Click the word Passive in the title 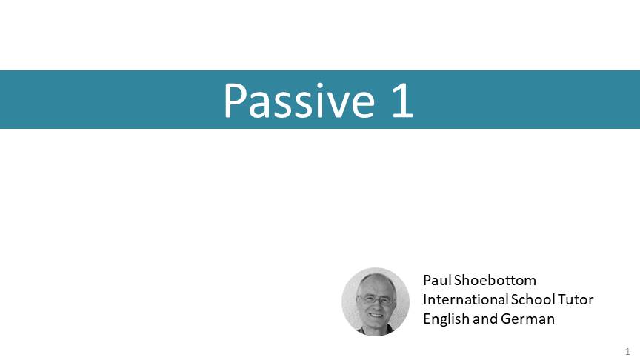pyautogui.click(x=299, y=101)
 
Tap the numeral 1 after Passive pyautogui.click(x=403, y=101)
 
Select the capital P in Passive pyautogui.click(x=236, y=101)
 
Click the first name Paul pyautogui.click(x=437, y=280)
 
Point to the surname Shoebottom pyautogui.click(x=495, y=280)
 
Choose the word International pyautogui.click(x=465, y=299)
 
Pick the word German pyautogui.click(x=527, y=319)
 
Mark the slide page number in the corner pyautogui.click(x=627, y=351)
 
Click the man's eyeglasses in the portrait pyautogui.click(x=376, y=299)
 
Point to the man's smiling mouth pyautogui.click(x=376, y=315)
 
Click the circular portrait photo pyautogui.click(x=376, y=301)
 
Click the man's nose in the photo pyautogui.click(x=375, y=306)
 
